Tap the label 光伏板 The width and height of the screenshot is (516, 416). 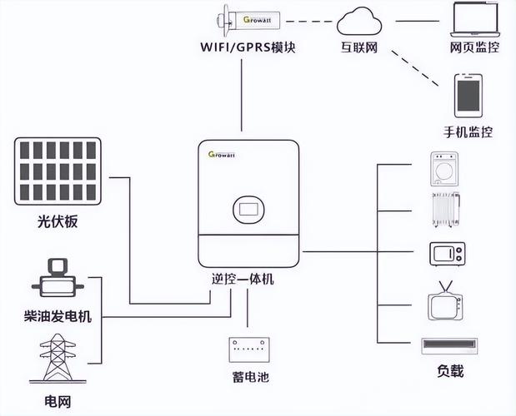tap(58, 222)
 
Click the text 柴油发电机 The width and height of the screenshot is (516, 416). tap(58, 316)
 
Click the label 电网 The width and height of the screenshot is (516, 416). tap(58, 401)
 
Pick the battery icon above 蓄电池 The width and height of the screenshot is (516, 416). tap(248, 349)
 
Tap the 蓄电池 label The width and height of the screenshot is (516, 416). tap(248, 377)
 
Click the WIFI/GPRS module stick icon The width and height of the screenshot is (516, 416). tap(242, 17)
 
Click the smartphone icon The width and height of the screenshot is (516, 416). tap(468, 96)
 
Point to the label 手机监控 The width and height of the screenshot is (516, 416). tap(468, 131)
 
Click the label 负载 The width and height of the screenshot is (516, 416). tap(450, 371)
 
